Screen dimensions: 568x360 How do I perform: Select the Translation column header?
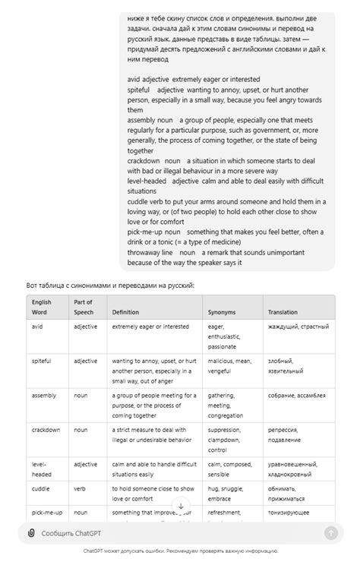point(283,312)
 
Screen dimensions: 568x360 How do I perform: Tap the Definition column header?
point(126,312)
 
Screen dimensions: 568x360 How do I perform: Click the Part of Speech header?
point(83,307)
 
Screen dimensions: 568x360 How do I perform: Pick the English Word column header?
point(42,307)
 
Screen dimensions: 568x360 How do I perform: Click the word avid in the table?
point(38,327)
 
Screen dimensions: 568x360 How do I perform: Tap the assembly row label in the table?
point(43,396)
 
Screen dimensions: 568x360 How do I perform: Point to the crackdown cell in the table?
point(46,430)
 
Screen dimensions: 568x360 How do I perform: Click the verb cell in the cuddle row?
point(81,489)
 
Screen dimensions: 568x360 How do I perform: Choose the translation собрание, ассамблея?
point(297,396)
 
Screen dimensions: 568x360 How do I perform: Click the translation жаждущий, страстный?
point(298,327)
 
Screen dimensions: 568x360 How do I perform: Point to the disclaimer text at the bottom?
point(180,551)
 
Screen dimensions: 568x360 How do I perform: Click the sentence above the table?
point(110,285)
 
